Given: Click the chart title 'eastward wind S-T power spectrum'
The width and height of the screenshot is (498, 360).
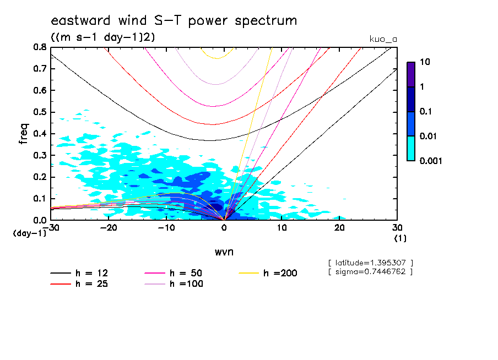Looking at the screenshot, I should (x=174, y=21).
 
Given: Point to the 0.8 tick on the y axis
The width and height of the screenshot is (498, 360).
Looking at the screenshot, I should (x=40, y=47).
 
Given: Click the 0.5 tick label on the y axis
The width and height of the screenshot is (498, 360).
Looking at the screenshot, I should (x=40, y=112).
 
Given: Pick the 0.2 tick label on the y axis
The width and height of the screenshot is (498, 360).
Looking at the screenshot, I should (x=40, y=177).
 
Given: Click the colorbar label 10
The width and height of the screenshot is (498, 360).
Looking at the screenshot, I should (x=426, y=63).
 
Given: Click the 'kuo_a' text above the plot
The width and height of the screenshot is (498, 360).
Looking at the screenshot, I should (x=383, y=39).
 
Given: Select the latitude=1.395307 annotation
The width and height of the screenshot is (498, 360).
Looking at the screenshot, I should (x=370, y=263).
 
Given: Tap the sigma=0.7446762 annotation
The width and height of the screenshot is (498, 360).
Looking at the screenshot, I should (x=370, y=271).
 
